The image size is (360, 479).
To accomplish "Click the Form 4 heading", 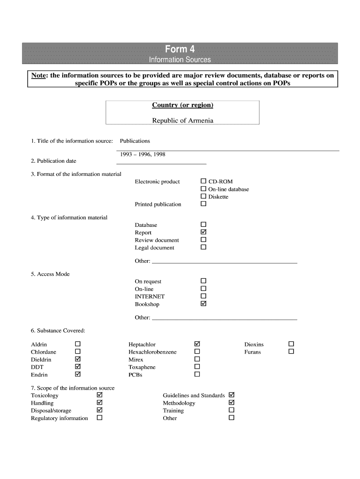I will (x=180, y=49).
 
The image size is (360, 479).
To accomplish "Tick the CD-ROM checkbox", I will (x=203, y=181).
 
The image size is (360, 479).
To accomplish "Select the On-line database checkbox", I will (x=203, y=189).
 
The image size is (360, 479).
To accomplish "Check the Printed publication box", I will (x=203, y=204).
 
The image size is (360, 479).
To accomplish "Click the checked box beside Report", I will (x=203, y=232).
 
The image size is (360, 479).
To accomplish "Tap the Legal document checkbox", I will (x=203, y=247).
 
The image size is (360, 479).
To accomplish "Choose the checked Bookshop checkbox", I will (x=203, y=304).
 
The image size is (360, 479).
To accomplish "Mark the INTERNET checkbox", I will (x=203, y=296).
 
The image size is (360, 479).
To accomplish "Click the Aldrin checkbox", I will (x=78, y=344).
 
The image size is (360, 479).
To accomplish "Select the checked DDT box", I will (x=78, y=367).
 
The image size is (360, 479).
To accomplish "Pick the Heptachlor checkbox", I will (x=197, y=344).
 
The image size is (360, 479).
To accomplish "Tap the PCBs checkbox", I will (x=197, y=374).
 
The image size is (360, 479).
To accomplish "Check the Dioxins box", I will (x=291, y=344).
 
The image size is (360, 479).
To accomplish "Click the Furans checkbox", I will (x=291, y=351).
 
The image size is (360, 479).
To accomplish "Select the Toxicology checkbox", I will (x=99, y=395).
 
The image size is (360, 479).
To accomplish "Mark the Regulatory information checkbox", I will (x=99, y=418).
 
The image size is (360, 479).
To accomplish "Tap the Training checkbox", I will (x=231, y=410).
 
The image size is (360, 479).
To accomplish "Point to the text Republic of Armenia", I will (x=182, y=120).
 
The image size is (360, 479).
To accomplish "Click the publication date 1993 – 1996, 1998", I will (x=143, y=154).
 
